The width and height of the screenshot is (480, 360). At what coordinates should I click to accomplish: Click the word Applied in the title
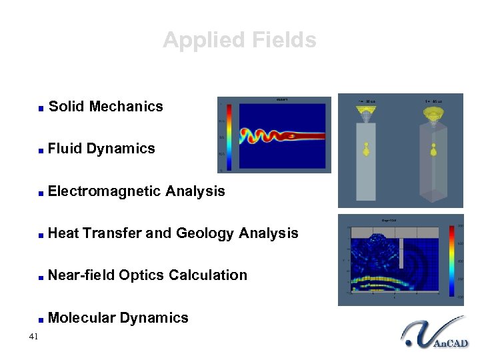[x=197, y=40]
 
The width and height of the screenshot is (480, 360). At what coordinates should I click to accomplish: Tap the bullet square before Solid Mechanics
[x=41, y=108]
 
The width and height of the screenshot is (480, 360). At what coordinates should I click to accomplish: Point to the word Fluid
[x=65, y=149]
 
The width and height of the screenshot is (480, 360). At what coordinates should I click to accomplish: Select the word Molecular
[x=81, y=318]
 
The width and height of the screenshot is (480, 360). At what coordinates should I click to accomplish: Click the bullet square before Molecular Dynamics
[x=41, y=319]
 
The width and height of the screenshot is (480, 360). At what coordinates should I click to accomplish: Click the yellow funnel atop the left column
[x=366, y=115]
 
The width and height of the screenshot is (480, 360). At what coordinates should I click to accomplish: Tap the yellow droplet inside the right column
[x=434, y=149]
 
